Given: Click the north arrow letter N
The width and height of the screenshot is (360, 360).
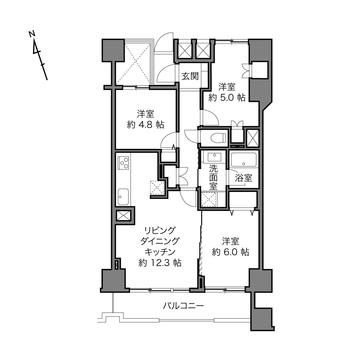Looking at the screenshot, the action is point(32,34).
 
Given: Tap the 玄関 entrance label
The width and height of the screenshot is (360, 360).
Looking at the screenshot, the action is point(190,76).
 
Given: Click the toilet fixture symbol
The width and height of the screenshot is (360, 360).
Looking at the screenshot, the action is point(218,138).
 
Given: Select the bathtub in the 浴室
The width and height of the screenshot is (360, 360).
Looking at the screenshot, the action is point(244,160).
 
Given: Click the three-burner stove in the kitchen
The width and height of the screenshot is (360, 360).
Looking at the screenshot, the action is point(123,163).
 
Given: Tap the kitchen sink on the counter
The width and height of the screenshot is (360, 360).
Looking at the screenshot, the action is point(123,197).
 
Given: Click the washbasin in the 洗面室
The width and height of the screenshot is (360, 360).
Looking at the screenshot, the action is point(215,157).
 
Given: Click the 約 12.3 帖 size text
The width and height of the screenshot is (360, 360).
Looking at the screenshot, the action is point(160,263).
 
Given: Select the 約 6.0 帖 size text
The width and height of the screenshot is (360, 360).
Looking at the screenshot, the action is point(231,252).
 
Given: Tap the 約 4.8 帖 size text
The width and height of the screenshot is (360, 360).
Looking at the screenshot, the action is point(145,125).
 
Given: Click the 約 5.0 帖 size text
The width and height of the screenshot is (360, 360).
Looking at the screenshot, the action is point(227,97).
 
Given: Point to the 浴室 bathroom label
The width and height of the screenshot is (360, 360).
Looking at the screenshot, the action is point(244,178).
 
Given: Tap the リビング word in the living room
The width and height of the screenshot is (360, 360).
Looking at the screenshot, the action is point(160,231).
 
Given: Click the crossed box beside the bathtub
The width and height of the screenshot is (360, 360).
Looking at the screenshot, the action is point(252,138).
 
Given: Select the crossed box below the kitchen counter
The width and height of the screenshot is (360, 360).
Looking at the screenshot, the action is point(123,215).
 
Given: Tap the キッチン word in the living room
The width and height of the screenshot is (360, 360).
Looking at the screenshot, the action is point(160,252).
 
